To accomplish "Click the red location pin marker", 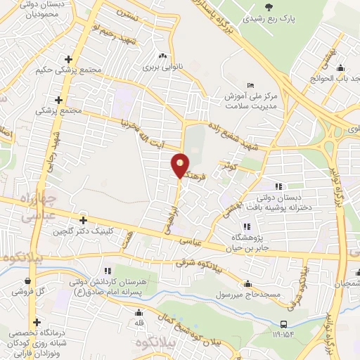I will click(x=181, y=165).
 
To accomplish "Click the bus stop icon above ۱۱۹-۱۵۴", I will click(x=284, y=324).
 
